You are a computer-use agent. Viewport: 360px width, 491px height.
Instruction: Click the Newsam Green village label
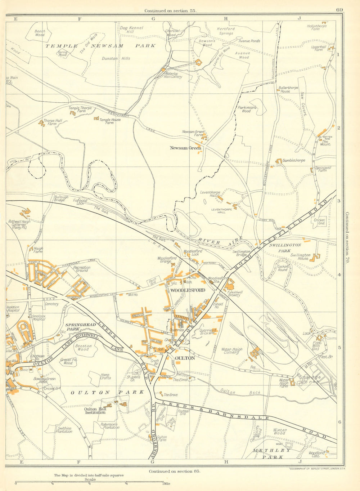click(x=185, y=148)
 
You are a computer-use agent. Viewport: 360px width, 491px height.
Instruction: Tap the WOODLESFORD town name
click(x=188, y=290)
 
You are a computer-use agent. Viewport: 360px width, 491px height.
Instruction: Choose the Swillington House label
click(x=301, y=256)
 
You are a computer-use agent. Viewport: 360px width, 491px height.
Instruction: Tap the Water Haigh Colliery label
click(x=232, y=351)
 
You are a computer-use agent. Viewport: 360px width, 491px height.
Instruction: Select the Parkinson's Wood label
click(x=247, y=109)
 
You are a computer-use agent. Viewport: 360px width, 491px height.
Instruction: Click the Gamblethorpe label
click(x=294, y=160)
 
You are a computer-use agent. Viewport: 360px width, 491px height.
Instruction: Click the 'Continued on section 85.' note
click(x=174, y=471)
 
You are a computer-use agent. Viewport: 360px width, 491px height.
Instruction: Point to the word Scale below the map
click(x=90, y=479)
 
